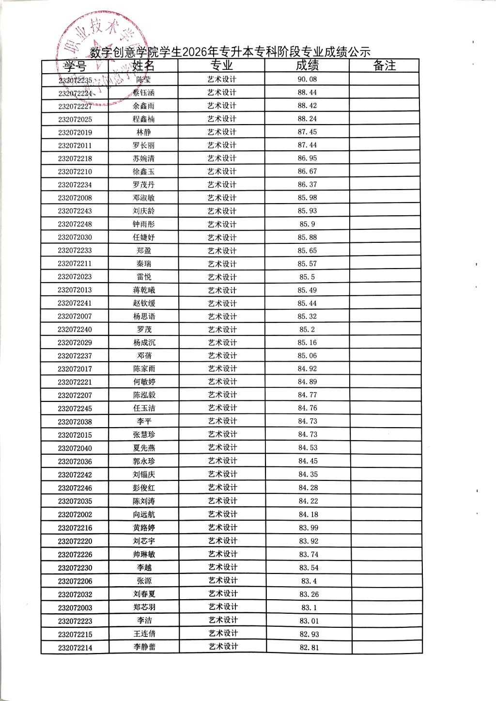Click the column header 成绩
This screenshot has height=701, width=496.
pyautogui.click(x=307, y=65)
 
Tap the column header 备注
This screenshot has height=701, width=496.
pyautogui.click(x=384, y=65)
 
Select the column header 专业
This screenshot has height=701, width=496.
pyautogui.click(x=222, y=65)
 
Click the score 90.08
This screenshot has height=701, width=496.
pyautogui.click(x=307, y=80)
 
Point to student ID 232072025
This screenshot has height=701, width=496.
pyautogui.click(x=75, y=119)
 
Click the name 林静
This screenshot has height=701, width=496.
pyautogui.click(x=144, y=132)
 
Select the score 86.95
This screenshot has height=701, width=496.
pyautogui.click(x=307, y=159)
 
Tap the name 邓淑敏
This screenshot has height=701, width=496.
pyautogui.click(x=144, y=198)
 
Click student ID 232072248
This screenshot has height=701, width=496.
pyautogui.click(x=75, y=224)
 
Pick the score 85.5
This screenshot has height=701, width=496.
pyautogui.click(x=307, y=277)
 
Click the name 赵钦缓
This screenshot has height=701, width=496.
pyautogui.click(x=144, y=303)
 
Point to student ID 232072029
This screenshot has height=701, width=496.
pyautogui.click(x=75, y=343)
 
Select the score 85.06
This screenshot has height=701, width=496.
pyautogui.click(x=308, y=356)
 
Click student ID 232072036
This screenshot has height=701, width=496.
pyautogui.click(x=75, y=462)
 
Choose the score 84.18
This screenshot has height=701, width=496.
pyautogui.click(x=308, y=514)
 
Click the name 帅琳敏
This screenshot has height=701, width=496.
pyautogui.click(x=144, y=555)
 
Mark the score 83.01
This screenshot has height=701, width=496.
pyautogui.click(x=309, y=621)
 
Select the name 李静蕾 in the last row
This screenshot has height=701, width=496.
pyautogui.click(x=144, y=647)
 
